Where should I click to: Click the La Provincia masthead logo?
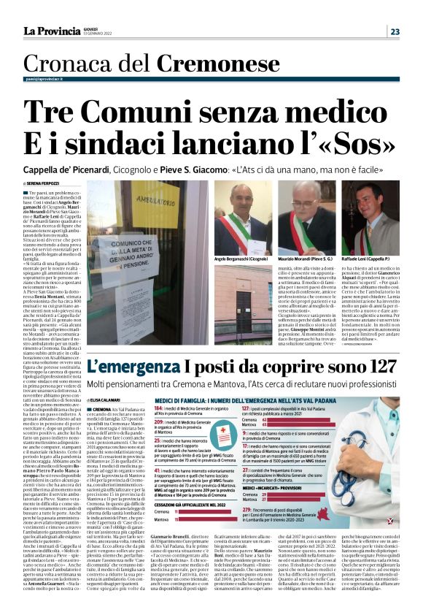pyautogui.click(x=47, y=31)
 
